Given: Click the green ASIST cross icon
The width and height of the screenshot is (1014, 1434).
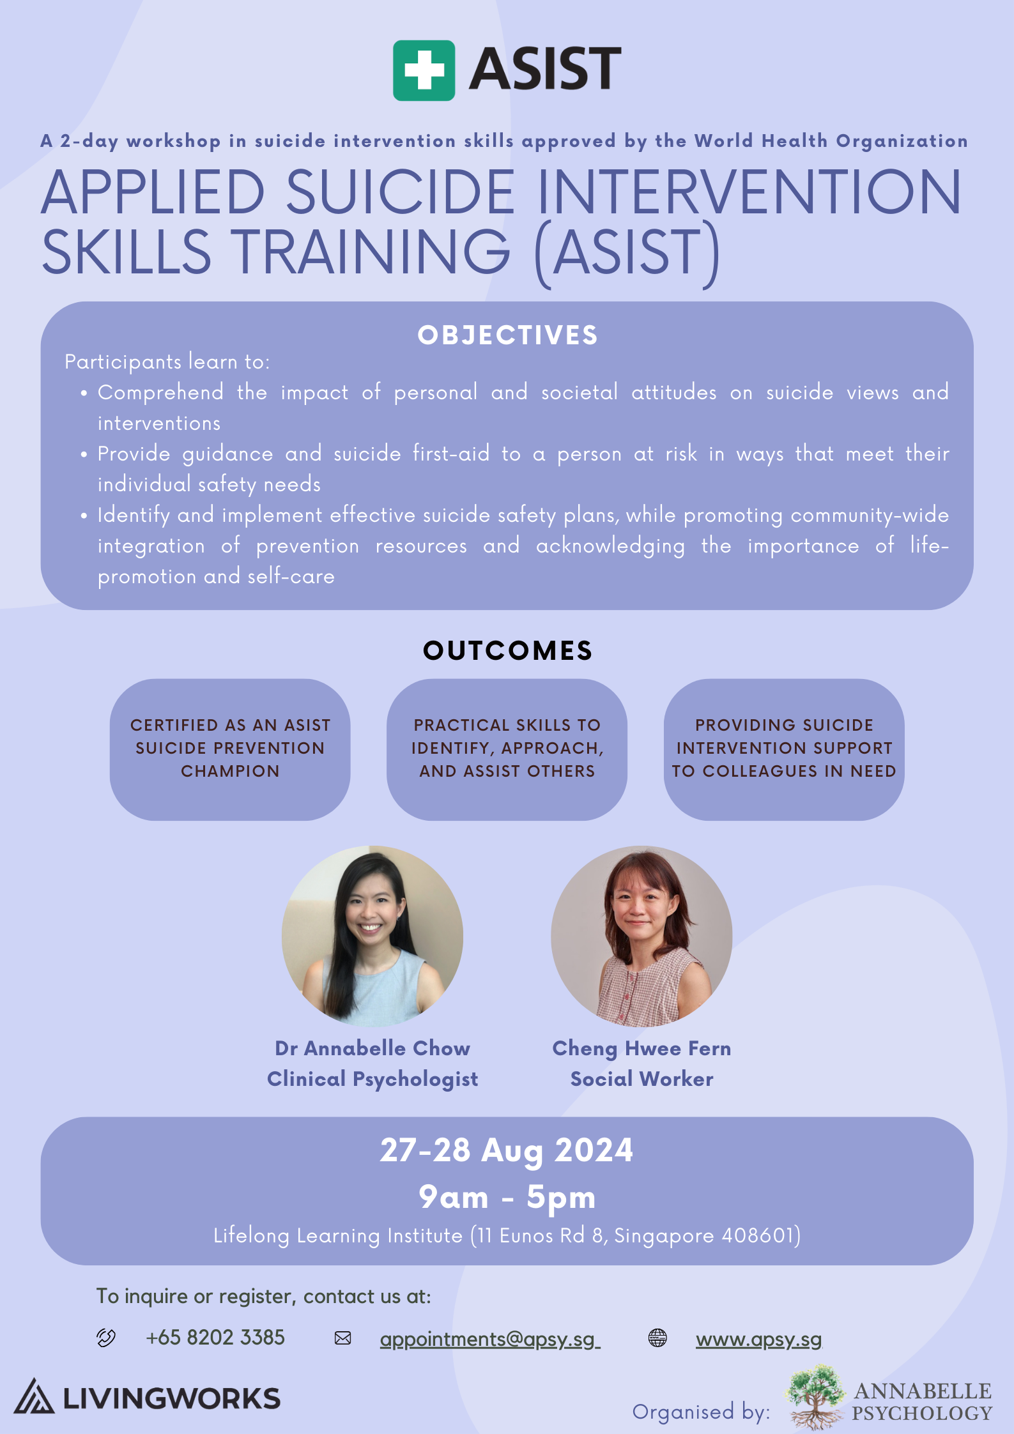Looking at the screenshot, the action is [x=424, y=70].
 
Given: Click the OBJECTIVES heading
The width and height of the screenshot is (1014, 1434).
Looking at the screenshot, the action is [x=508, y=335].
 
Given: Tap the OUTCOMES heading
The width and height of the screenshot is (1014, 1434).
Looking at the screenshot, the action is [x=508, y=650].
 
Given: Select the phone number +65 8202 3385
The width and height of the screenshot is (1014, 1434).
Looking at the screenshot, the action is [x=215, y=1337].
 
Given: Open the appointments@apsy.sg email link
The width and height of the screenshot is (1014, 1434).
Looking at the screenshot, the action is [x=489, y=1338].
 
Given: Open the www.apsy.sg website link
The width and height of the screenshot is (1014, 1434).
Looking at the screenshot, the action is [x=758, y=1338].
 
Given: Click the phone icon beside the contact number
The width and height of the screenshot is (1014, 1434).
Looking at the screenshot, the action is [x=106, y=1337].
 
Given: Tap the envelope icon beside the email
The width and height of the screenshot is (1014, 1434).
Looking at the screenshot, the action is [x=343, y=1338].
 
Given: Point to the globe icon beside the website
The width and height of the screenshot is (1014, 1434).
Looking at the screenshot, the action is [x=657, y=1337].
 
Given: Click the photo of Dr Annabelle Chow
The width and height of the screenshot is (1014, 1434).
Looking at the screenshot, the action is [x=373, y=936].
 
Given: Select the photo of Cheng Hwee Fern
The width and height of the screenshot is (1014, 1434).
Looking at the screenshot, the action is [x=641, y=936].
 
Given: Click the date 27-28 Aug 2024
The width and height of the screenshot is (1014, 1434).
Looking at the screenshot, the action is [x=507, y=1151].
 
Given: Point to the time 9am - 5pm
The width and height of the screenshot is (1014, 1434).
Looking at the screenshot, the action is [x=507, y=1197].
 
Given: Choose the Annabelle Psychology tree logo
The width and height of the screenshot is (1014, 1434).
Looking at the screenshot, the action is [x=815, y=1396].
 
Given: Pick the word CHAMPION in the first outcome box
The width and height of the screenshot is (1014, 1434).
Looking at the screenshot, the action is [x=230, y=771].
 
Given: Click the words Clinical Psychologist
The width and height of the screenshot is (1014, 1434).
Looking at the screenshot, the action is [x=373, y=1079].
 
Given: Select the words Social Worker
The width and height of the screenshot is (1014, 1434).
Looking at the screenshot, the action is [x=641, y=1079].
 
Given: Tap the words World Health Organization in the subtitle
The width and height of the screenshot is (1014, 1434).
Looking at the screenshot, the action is [x=831, y=141].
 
